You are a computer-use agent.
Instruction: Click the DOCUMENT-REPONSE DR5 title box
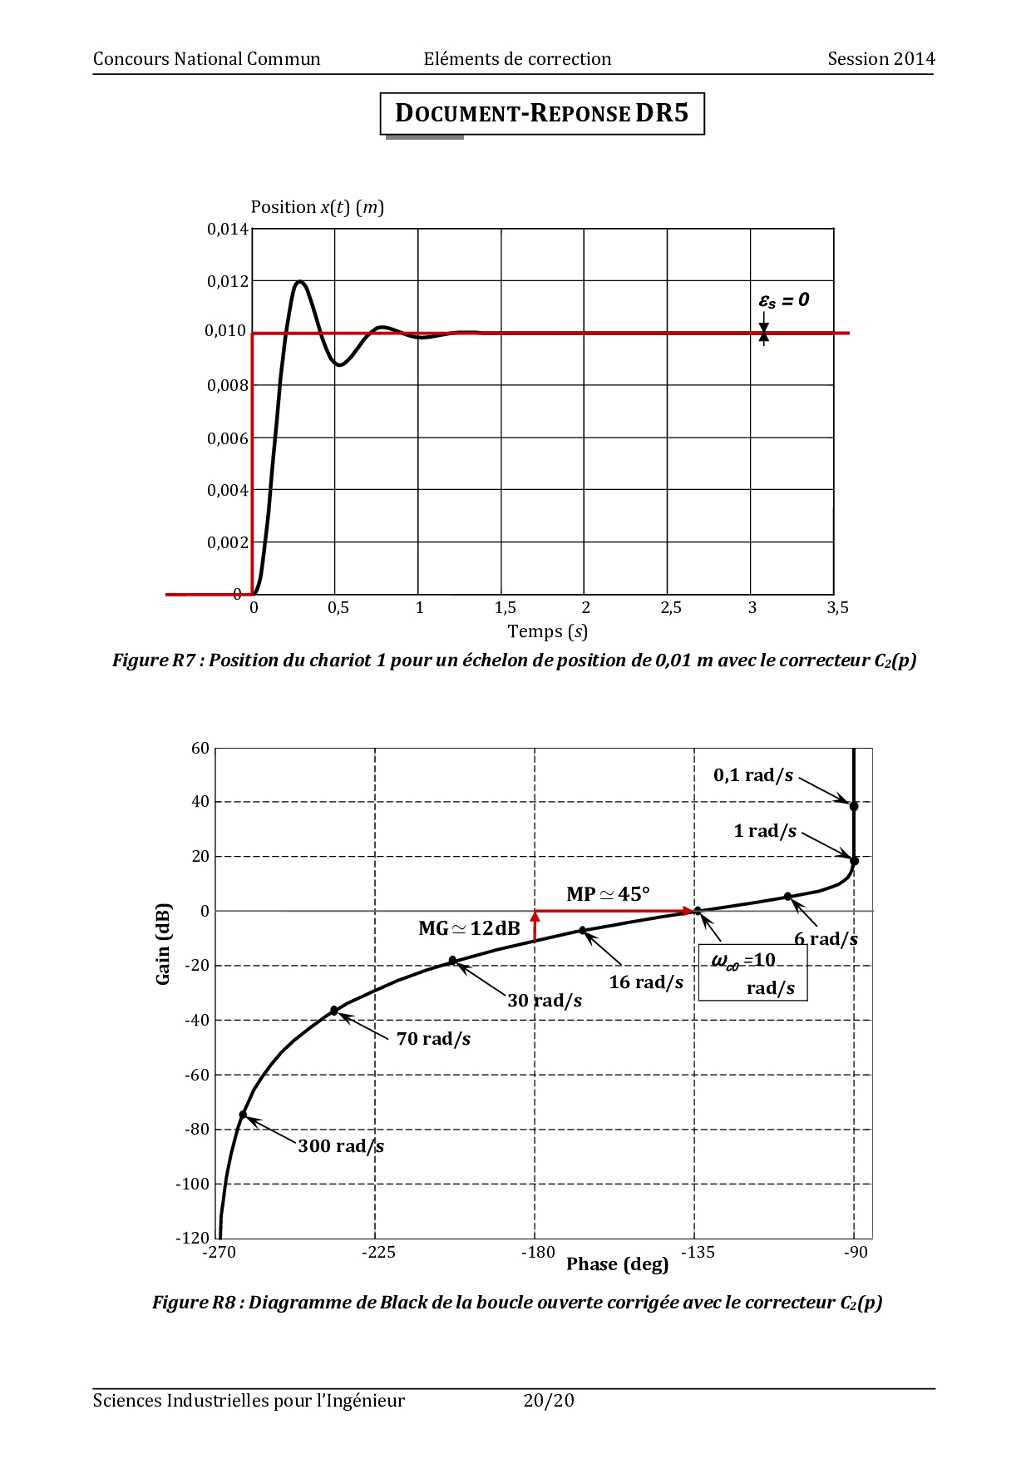coord(542,113)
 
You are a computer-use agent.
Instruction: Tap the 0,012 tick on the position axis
coord(228,281)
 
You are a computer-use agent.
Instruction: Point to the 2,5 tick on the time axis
coord(671,608)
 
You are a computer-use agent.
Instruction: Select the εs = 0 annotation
coord(784,300)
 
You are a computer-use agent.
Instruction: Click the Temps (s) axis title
coord(548,631)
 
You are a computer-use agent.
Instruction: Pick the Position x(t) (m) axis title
coord(318,207)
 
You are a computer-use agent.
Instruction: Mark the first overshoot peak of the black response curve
coord(299,282)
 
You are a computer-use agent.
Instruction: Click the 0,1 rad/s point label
coord(753,775)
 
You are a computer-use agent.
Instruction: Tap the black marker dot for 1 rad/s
coord(854,861)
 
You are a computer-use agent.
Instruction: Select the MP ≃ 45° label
coord(608,894)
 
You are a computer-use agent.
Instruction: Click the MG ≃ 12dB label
coord(469,928)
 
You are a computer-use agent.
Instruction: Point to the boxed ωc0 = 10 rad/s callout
coord(753,972)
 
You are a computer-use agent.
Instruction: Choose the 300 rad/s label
coord(341,1146)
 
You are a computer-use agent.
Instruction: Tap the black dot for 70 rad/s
coord(334,1011)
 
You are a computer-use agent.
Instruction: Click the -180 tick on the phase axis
coord(538,1252)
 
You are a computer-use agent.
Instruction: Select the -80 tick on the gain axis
coord(198,1130)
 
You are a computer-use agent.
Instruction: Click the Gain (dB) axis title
coord(163,943)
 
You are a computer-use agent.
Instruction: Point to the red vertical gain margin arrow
coord(535,926)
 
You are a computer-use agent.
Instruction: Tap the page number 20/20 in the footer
coord(549,1401)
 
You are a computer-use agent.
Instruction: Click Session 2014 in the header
coord(881,59)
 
